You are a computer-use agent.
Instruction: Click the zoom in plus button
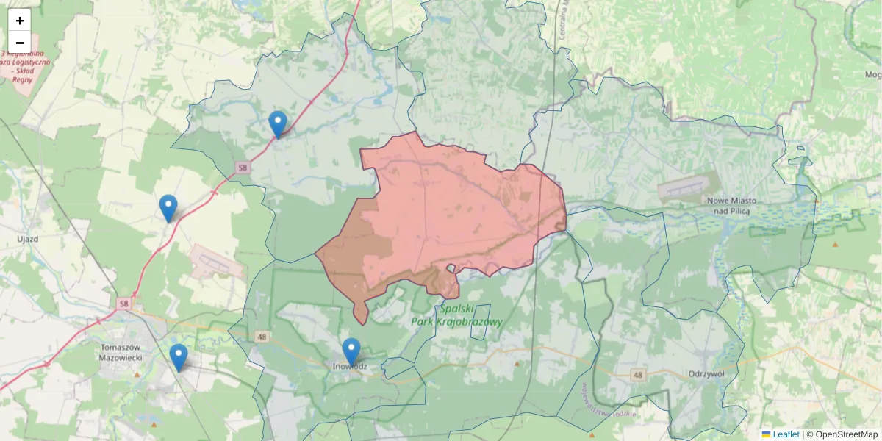click(20, 21)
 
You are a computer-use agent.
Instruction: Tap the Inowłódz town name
click(350, 365)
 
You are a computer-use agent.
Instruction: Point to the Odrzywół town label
click(706, 373)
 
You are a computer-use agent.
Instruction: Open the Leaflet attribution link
click(785, 434)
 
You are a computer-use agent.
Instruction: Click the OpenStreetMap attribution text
click(847, 434)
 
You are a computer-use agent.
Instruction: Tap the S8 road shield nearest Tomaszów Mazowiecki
click(124, 303)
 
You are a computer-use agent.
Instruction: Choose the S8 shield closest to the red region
click(243, 168)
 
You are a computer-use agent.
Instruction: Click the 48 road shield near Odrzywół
click(638, 375)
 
